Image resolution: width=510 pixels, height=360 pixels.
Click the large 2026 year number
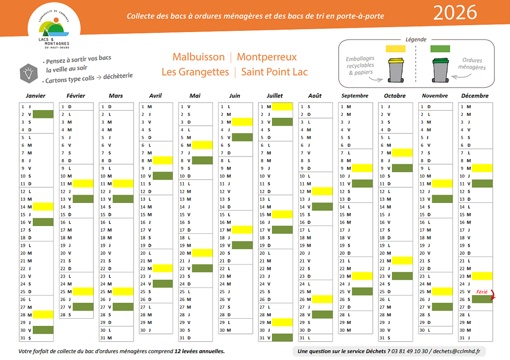[x=455, y=13]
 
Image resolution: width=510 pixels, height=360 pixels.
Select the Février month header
[x=76, y=96]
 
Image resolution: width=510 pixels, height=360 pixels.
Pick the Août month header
[x=315, y=96]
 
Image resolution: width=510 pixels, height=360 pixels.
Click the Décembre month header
[x=475, y=96]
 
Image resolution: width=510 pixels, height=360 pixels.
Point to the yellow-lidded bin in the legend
[x=395, y=70]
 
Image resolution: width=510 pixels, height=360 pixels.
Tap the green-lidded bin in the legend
[x=440, y=70]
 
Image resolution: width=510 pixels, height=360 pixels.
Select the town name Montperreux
[x=267, y=57]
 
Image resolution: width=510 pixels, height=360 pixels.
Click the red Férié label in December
[x=482, y=292]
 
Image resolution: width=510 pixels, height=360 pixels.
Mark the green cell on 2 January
[x=44, y=114]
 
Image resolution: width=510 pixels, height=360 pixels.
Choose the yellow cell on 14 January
[x=44, y=207]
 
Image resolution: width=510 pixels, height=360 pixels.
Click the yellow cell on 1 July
[x=282, y=106]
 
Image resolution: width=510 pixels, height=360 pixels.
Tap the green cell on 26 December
[x=482, y=299]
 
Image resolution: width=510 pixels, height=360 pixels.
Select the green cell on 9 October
[x=402, y=168]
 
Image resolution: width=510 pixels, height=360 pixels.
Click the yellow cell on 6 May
[x=203, y=145]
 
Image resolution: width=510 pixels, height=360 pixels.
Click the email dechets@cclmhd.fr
[x=457, y=352]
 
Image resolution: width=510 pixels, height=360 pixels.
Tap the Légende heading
[x=416, y=40]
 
